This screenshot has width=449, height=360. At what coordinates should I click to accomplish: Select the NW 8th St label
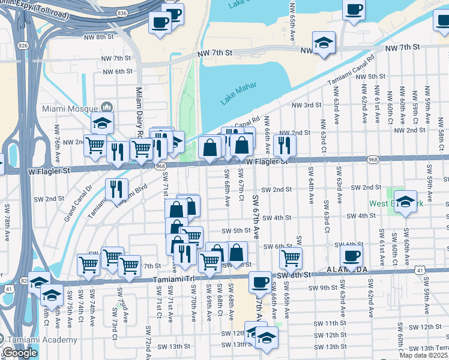(100, 37)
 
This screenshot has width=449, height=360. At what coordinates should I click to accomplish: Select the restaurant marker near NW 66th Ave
(285, 145)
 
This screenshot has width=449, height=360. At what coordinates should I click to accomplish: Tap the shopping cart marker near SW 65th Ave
(291, 258)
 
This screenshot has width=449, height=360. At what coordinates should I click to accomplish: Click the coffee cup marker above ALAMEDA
(352, 256)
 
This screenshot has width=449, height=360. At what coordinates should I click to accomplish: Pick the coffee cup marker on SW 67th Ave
(260, 281)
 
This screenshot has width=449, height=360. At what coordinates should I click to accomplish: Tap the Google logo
(20, 352)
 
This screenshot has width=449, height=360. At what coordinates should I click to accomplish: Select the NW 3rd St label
(306, 105)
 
